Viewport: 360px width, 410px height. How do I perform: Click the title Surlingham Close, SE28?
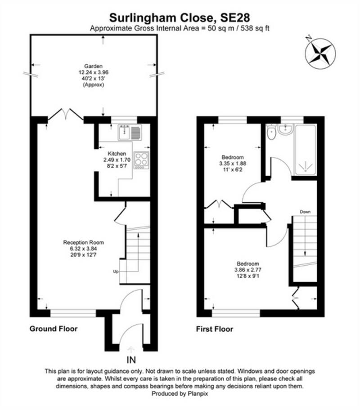pyautogui.click(x=180, y=17)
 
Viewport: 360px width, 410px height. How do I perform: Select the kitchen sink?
pyautogui.click(x=130, y=132)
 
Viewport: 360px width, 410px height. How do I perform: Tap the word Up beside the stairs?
pyautogui.click(x=116, y=272)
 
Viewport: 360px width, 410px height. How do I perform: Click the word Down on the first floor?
pyautogui.click(x=306, y=211)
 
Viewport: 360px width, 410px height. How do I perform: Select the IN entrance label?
pyautogui.click(x=131, y=360)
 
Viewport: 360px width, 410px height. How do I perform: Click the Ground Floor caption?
pyautogui.click(x=54, y=329)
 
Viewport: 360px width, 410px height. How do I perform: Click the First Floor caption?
pyautogui.click(x=215, y=329)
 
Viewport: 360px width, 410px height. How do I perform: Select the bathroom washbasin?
pyautogui.click(x=285, y=130)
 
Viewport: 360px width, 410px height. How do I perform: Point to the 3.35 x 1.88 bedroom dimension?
pyautogui.click(x=233, y=163)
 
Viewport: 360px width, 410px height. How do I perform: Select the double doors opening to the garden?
pyautogui.click(x=66, y=115)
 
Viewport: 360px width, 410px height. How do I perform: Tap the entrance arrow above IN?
pyautogui.click(x=131, y=349)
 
